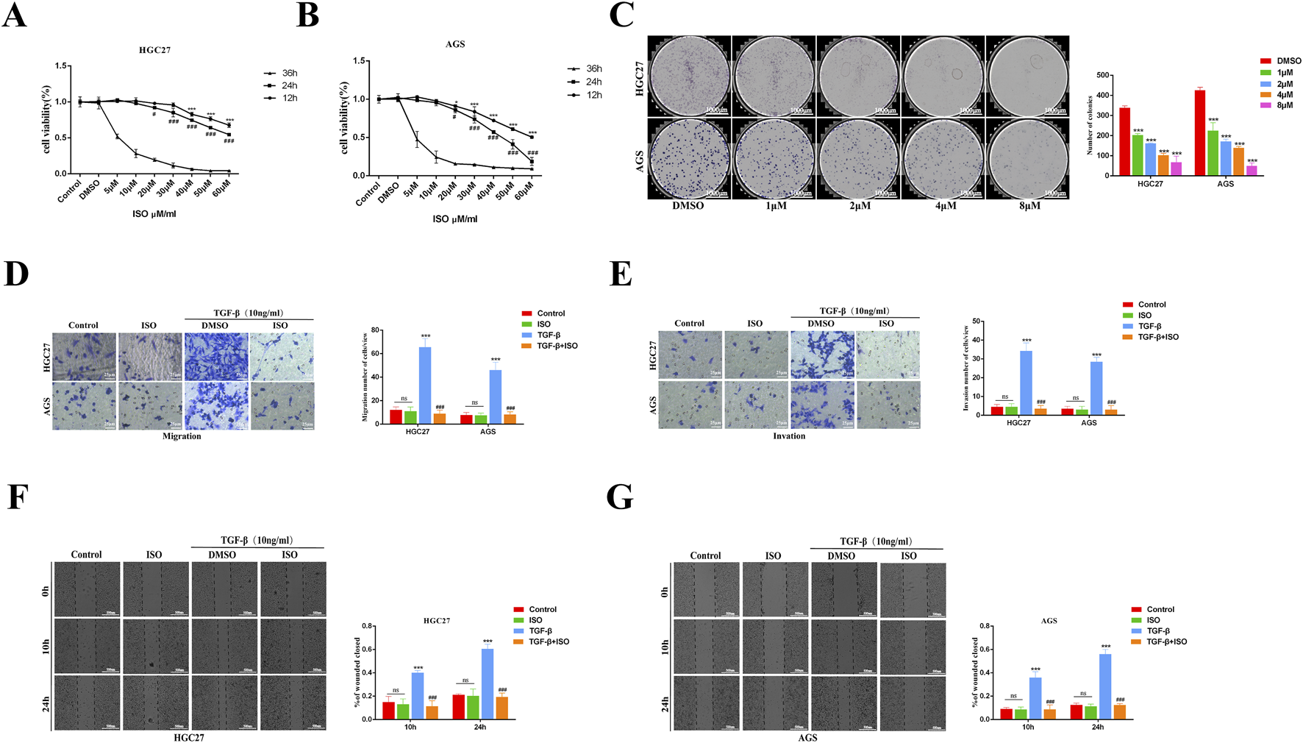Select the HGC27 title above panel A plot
[x=154, y=50]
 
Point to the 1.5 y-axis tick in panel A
[x=61, y=66]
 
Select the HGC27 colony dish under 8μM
[x=1027, y=75]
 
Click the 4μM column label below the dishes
[x=946, y=206]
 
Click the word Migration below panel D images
[x=182, y=436]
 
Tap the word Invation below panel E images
[x=789, y=436]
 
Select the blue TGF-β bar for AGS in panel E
[x=1096, y=388]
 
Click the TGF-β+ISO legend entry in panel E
[x=1157, y=337]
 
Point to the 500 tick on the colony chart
[x=1102, y=75]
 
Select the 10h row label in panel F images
[x=46, y=647]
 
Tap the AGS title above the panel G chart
[x=1049, y=621]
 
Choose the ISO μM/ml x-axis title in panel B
[x=454, y=219]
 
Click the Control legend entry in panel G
[x=1160, y=609]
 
